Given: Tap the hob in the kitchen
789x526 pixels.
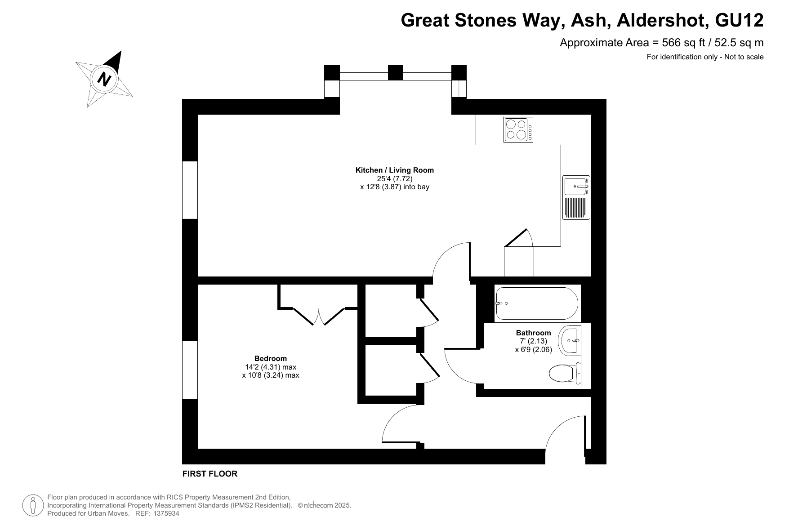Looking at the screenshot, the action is [x=518, y=129].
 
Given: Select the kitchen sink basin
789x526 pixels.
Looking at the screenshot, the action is [x=575, y=186].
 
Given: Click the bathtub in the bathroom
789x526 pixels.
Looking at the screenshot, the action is [x=537, y=303].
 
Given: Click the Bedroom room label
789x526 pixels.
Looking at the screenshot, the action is [x=271, y=358].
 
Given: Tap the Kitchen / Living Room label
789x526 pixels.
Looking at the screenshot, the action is [x=395, y=170].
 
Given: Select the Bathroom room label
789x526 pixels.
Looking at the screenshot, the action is [x=533, y=333].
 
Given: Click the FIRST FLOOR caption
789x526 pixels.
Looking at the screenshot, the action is [x=210, y=473].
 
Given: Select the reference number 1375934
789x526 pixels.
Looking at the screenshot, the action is [x=166, y=513].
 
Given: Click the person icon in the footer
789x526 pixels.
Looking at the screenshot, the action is [x=32, y=505].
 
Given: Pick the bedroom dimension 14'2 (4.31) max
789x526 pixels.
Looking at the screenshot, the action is [x=271, y=367].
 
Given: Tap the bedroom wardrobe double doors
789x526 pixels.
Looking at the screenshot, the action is [x=318, y=316].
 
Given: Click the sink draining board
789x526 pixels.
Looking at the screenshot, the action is [x=576, y=208].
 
